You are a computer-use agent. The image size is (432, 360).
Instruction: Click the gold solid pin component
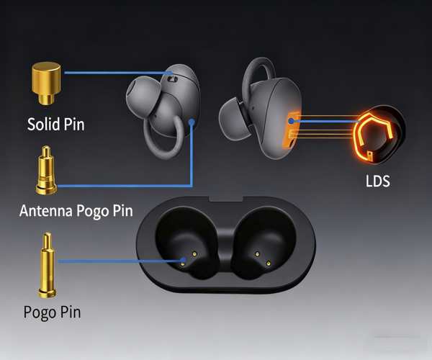click(x=46, y=83)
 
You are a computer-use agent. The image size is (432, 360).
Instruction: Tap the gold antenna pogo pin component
click(x=46, y=170)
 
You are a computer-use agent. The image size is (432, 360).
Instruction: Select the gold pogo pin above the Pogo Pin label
click(x=47, y=265)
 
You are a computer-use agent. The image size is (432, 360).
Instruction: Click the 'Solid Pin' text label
click(x=55, y=125)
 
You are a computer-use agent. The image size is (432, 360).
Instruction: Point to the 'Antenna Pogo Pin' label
click(x=76, y=211)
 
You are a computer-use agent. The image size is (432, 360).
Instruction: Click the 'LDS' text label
click(x=378, y=181)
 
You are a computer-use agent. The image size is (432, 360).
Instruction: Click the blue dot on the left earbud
click(x=192, y=122)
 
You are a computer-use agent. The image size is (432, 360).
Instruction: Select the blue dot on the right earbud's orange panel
click(x=291, y=121)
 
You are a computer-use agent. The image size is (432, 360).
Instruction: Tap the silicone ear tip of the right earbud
click(x=235, y=118)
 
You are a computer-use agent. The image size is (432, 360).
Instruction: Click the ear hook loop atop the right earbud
click(x=258, y=71)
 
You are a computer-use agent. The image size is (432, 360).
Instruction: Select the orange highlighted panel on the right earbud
click(x=292, y=129)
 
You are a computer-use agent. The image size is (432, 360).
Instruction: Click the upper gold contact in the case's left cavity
click(x=194, y=254)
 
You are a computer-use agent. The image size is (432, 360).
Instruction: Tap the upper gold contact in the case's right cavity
click(x=257, y=254)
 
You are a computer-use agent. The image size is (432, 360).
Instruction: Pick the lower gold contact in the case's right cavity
click(x=268, y=264)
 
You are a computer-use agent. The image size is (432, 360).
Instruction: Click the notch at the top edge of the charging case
click(x=226, y=199)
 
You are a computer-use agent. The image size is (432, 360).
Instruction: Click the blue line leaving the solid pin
click(x=119, y=73)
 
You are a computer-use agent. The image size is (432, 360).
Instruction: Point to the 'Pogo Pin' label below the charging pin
click(x=52, y=312)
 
